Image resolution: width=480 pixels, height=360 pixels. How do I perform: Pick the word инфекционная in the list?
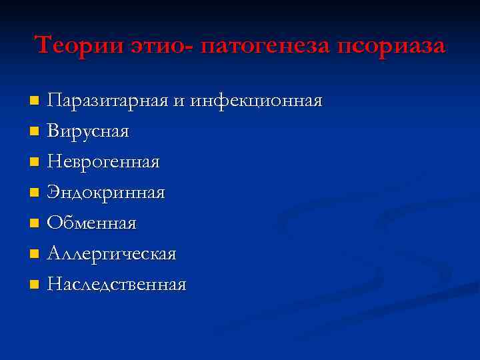tap(257, 101)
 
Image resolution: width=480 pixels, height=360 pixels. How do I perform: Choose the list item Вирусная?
tap(87, 131)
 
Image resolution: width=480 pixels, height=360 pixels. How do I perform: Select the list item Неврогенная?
tap(103, 162)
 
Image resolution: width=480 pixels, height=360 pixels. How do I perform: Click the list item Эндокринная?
tap(106, 193)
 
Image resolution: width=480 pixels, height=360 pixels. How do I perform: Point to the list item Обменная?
tap(91, 223)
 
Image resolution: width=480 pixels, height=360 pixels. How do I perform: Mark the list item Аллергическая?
tap(111, 254)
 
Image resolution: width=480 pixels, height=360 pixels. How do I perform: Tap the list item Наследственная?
tap(117, 285)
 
